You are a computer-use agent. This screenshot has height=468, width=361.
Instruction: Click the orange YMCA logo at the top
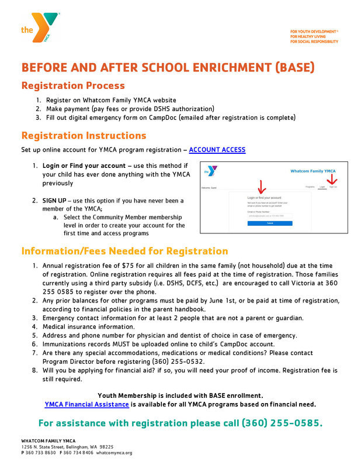(43, 27)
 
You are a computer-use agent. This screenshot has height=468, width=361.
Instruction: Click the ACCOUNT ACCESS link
(217, 150)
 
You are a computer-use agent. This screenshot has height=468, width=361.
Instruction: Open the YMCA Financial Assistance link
(86, 404)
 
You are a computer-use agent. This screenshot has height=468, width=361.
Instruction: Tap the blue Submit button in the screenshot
(270, 223)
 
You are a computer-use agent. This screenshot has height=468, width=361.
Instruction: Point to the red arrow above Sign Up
(332, 178)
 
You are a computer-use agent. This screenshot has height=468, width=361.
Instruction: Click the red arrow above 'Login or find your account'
(261, 186)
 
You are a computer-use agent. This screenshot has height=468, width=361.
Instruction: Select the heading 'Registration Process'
(73, 85)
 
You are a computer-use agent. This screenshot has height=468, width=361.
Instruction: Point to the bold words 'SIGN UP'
(54, 201)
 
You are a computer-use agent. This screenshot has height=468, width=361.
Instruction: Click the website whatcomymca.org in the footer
(114, 453)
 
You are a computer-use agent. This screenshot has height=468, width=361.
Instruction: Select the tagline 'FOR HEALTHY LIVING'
(309, 36)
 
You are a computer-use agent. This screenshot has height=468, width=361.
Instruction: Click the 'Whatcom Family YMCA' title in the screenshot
(313, 171)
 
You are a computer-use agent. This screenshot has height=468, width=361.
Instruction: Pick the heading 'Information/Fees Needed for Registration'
(124, 251)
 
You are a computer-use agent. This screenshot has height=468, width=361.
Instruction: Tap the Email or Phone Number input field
(270, 216)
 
